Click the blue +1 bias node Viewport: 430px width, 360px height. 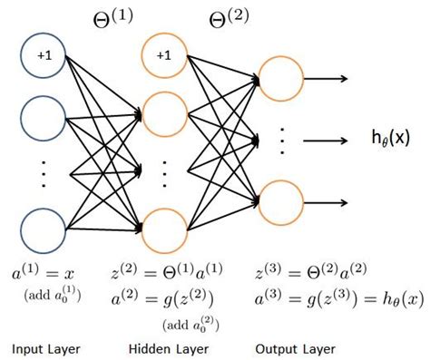click(x=44, y=57)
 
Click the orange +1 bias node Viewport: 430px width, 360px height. click(x=164, y=57)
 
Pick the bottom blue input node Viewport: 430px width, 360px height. click(x=44, y=229)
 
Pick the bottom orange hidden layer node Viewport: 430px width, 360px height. click(x=164, y=229)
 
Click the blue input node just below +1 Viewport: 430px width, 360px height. click(x=44, y=114)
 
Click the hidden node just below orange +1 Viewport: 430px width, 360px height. click(x=164, y=114)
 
